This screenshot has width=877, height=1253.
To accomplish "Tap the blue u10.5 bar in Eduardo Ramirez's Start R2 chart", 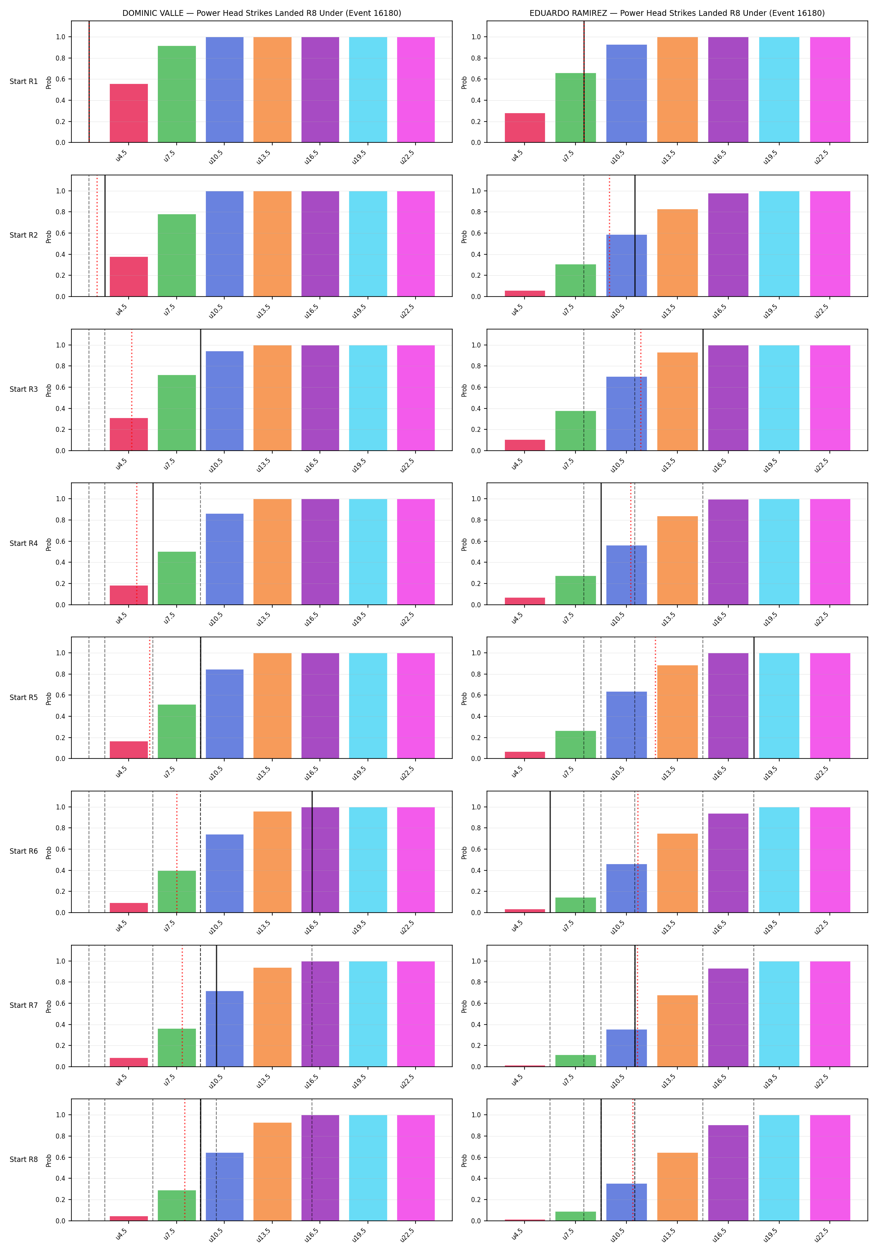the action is coord(626,266).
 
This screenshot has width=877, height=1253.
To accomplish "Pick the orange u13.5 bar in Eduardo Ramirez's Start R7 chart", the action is coord(677,1031).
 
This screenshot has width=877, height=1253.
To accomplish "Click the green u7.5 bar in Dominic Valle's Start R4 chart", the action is coord(177,578).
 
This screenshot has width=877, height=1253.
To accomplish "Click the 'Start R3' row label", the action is coord(24,389).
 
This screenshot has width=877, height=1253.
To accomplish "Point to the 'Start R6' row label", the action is coord(24,851).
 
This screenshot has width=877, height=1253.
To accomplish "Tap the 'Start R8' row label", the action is coord(24,1159).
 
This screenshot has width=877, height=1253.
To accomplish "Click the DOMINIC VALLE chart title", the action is coord(261,13).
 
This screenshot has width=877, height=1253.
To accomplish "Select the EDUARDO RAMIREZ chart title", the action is coord(677,13).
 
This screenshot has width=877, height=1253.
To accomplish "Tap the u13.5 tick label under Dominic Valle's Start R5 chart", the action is coord(264,773).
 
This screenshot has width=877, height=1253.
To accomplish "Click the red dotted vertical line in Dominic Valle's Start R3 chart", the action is coord(132,390).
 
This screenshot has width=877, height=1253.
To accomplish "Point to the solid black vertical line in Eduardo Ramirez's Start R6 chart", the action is coord(550,851).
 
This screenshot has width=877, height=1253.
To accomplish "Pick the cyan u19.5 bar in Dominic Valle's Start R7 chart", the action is coord(368,1014).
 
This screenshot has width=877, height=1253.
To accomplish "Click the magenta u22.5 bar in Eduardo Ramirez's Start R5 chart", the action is coord(830,705).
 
